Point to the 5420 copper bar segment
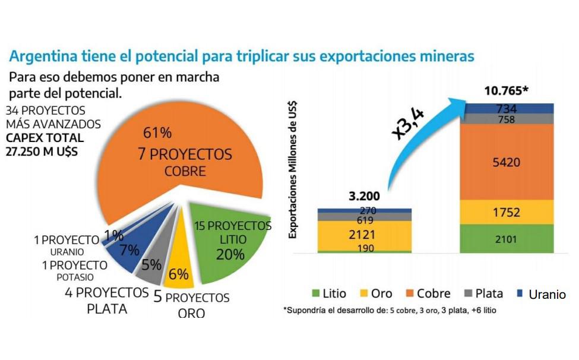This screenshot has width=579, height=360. click(510, 162)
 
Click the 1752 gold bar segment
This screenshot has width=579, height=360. click(510, 213)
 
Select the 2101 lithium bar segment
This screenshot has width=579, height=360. click(510, 239)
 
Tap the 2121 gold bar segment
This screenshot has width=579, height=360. click(365, 235)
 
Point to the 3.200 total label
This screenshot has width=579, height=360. click(365, 197)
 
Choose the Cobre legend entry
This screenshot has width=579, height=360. click(428, 293)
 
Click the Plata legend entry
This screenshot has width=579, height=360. click(482, 293)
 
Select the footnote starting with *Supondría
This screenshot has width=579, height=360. click(390, 310)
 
